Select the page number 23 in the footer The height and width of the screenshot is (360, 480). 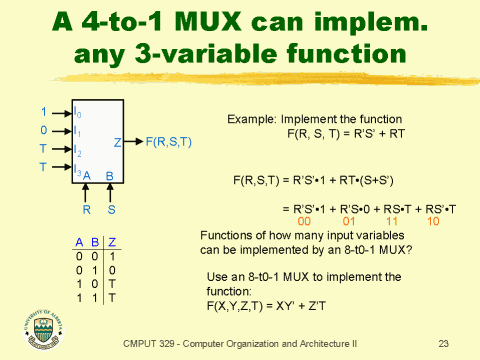[443, 343]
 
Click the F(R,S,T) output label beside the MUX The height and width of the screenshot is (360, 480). [170, 142]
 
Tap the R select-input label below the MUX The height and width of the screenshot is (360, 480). [87, 210]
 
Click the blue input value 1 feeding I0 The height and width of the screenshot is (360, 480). [43, 110]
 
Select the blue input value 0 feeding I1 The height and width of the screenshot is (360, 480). [43, 129]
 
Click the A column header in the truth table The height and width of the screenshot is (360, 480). [79, 241]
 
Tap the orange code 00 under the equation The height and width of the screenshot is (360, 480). [305, 220]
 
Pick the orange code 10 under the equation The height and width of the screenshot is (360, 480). [432, 220]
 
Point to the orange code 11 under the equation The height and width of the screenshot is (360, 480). [389, 220]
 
